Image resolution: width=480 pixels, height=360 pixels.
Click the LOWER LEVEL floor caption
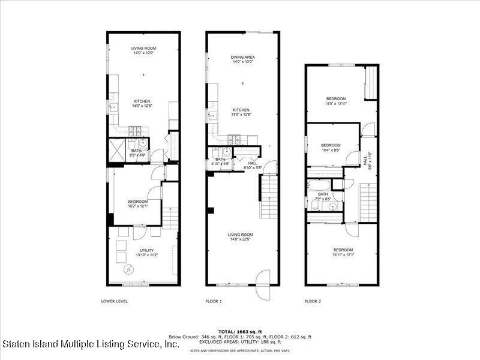tap(114, 301)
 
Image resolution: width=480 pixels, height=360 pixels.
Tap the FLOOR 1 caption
tap(213, 301)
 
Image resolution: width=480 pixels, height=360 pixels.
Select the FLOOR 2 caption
tap(313, 301)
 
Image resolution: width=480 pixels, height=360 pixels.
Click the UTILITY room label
tap(147, 250)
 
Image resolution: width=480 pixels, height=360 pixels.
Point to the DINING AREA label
tap(243, 57)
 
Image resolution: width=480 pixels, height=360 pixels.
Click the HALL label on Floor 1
tap(252, 163)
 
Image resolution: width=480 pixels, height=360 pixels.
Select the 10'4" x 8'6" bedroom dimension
tap(330, 151)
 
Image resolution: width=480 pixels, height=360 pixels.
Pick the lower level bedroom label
tap(138, 202)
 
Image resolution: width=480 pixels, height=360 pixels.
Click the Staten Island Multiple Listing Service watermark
tap(90, 345)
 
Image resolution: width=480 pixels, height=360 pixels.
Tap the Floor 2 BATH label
tap(323, 194)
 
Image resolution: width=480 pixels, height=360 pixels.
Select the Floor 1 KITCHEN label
tap(241, 110)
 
